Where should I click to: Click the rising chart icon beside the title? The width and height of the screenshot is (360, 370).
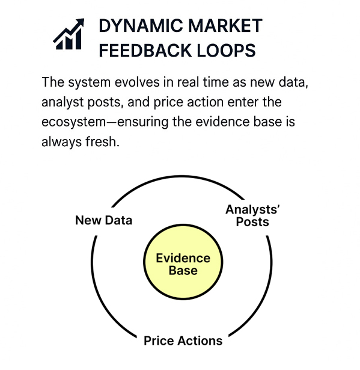(x=69, y=34)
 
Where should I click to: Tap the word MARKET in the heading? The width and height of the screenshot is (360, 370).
(x=225, y=25)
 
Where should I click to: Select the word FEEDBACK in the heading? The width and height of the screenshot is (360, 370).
(x=145, y=51)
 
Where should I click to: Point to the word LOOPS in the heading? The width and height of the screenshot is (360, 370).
(x=226, y=51)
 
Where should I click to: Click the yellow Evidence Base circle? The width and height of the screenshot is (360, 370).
(x=183, y=262)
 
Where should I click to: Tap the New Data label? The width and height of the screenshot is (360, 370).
(x=103, y=220)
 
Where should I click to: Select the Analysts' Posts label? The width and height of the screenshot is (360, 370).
(x=252, y=215)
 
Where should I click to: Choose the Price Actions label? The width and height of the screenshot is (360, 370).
(x=183, y=341)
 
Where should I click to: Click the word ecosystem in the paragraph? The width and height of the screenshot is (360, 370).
(x=74, y=123)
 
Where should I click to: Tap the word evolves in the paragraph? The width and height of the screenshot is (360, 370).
(x=137, y=82)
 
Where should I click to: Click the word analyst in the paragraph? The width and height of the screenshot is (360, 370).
(x=63, y=103)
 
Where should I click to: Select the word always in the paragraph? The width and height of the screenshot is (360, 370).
(x=62, y=143)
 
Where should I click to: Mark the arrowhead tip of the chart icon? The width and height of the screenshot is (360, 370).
(x=84, y=19)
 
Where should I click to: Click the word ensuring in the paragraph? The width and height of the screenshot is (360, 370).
(x=142, y=123)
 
